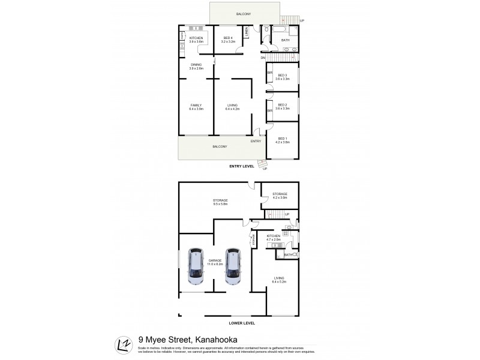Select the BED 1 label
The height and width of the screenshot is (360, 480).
(x=283, y=140)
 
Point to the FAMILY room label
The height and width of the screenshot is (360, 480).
(x=197, y=107)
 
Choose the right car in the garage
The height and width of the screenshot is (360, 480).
(x=233, y=267)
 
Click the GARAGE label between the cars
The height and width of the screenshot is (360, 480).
(x=215, y=262)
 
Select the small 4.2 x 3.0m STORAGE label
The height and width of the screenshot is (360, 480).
(x=280, y=196)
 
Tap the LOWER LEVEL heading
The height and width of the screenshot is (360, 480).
(x=242, y=323)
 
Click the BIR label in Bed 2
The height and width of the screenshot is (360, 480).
(x=270, y=110)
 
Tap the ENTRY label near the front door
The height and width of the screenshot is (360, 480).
(x=256, y=141)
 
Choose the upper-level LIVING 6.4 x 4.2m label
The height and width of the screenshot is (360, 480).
(x=232, y=107)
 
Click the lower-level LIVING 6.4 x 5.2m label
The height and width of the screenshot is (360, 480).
(x=280, y=280)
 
